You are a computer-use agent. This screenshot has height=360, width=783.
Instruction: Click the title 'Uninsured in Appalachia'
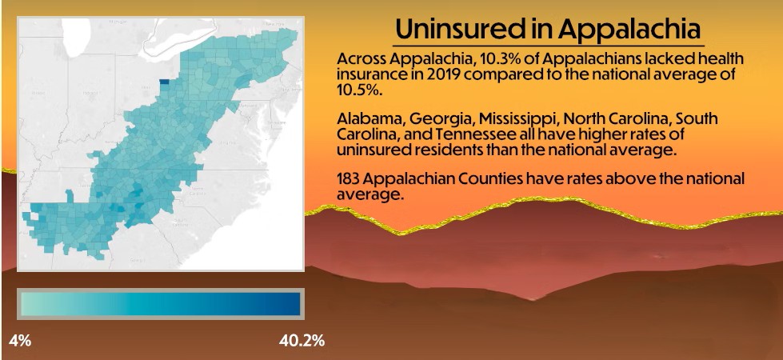click(x=548, y=29)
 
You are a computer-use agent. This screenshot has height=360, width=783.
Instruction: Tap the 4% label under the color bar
click(x=20, y=341)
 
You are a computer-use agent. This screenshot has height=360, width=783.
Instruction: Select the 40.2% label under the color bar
click(x=302, y=341)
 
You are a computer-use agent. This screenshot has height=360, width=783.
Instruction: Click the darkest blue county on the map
click(x=164, y=81)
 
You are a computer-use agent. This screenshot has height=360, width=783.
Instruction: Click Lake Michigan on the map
click(x=76, y=48)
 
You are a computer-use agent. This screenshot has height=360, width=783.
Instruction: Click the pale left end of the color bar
click(x=29, y=305)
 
